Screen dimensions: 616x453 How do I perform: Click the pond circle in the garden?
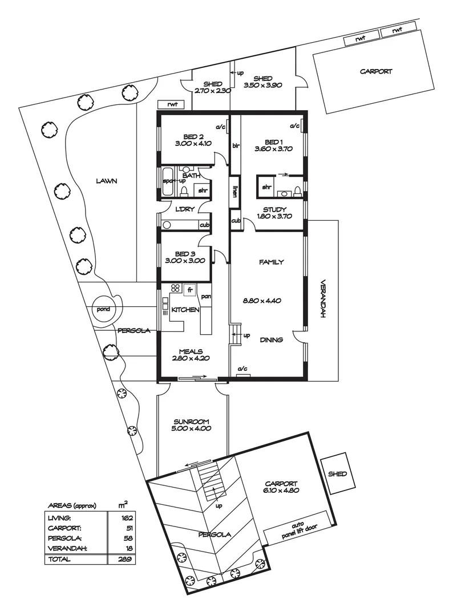point(103,309)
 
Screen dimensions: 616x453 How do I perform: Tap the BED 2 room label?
point(193,136)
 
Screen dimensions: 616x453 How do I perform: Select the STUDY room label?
point(276,209)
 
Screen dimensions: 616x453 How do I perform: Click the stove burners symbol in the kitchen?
point(176,289)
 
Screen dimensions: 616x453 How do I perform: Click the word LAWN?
point(106,181)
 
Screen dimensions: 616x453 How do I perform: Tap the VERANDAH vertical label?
point(322,302)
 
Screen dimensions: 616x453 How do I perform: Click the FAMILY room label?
point(271,262)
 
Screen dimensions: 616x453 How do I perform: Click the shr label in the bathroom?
point(203,190)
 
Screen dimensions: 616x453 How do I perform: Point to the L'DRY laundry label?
point(185,209)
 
